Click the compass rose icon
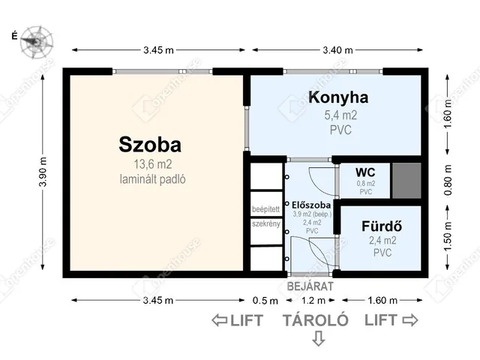click(x=34, y=39)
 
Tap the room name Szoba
click(x=150, y=142)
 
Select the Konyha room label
click(x=337, y=97)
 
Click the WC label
click(x=365, y=172)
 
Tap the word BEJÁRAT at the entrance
click(x=310, y=286)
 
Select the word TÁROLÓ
click(x=316, y=320)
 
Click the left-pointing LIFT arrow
click(x=220, y=320)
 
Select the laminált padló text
click(x=152, y=179)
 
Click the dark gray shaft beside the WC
click(x=406, y=178)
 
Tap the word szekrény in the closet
click(x=265, y=223)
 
